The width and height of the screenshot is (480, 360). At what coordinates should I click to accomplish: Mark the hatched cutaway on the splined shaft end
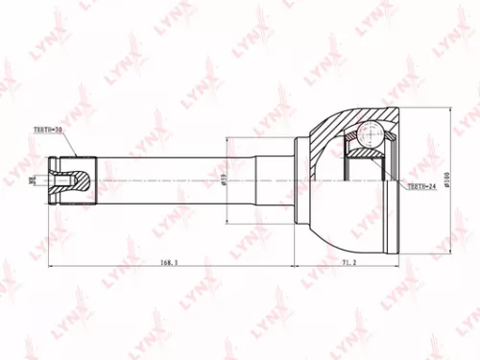click(81, 178)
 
